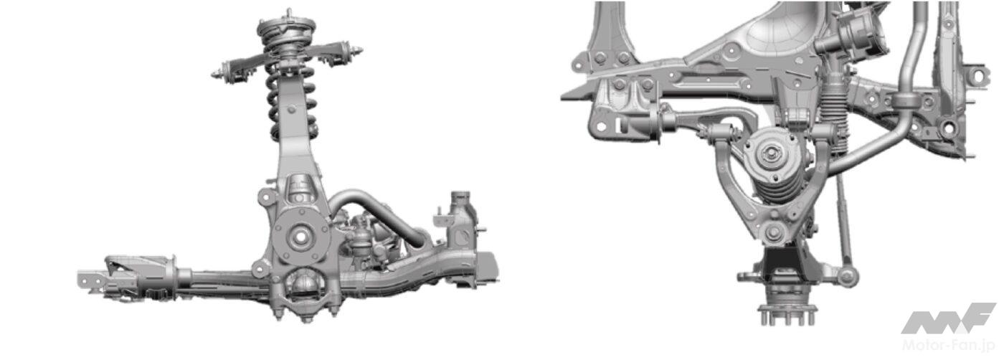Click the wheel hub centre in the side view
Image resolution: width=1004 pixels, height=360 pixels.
pyautogui.click(x=300, y=237)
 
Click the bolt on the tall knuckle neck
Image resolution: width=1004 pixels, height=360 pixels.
pyautogui.click(x=292, y=109)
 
